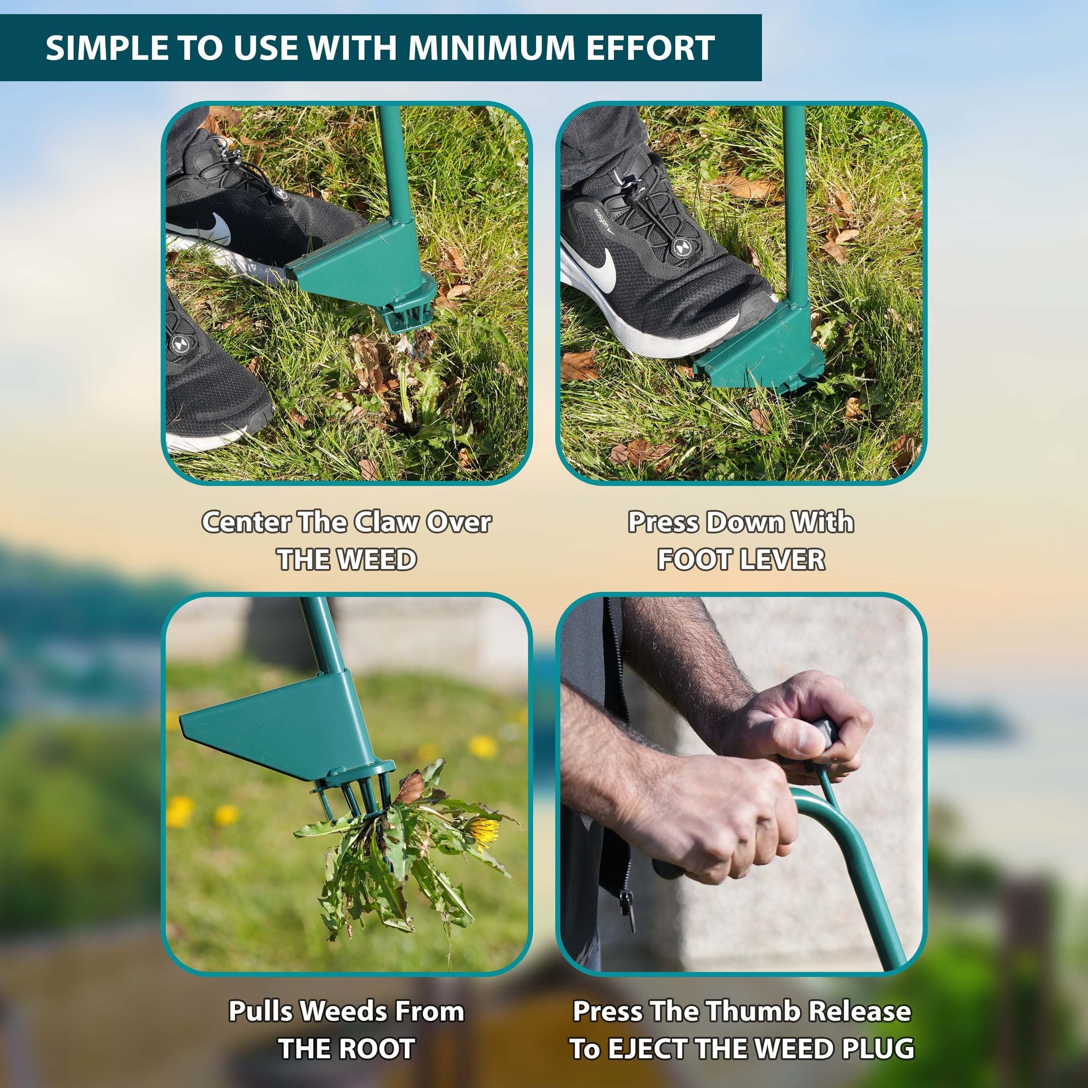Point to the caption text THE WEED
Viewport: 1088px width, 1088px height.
(x=347, y=560)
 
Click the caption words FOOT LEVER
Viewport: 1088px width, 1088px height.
(x=741, y=560)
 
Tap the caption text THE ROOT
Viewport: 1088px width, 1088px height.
(x=347, y=1048)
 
